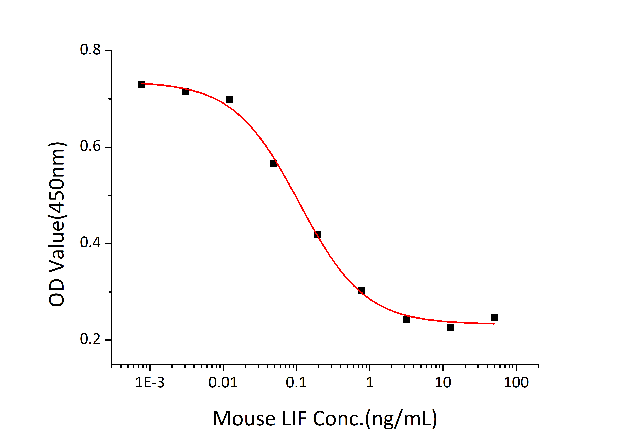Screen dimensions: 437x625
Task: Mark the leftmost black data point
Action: [x=141, y=84]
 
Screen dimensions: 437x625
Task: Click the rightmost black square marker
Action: [x=494, y=317]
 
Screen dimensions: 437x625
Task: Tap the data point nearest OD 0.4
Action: [x=318, y=235]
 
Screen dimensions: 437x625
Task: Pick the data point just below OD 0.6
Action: [x=274, y=163]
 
